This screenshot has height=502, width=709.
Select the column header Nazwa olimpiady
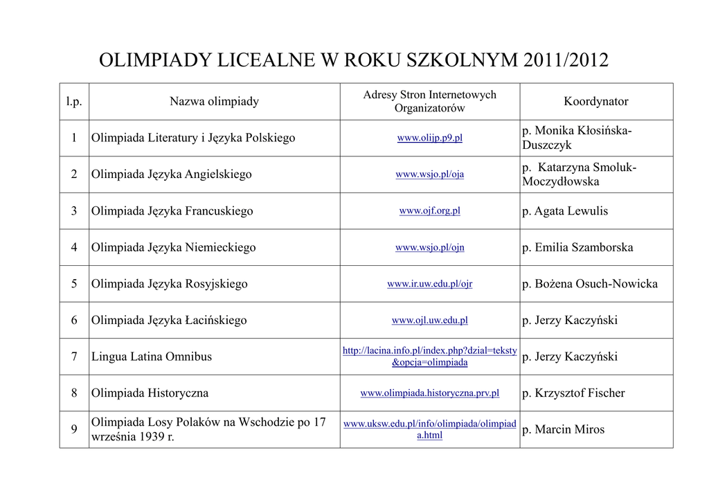214,102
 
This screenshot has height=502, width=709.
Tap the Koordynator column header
595,102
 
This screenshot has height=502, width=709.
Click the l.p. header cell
74,102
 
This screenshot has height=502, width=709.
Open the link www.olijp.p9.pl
429,138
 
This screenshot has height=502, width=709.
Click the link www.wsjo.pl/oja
429,174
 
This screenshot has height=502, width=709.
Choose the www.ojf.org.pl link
429,211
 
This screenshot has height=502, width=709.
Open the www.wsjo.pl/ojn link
429,247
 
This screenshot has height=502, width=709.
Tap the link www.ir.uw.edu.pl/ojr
429,284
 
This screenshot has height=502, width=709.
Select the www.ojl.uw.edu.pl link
429,321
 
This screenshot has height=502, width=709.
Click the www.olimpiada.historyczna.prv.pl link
429,393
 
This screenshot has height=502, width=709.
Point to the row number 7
74,357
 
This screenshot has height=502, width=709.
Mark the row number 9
74,429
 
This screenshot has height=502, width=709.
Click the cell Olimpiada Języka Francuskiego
172,211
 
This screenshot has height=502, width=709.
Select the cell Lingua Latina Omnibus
152,357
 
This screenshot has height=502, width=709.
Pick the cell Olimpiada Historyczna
150,393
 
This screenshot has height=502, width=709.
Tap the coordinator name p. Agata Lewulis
565,211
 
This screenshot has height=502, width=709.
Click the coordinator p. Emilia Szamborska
577,247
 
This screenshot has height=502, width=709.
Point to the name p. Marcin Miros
563,429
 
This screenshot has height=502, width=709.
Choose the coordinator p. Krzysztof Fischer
573,393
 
